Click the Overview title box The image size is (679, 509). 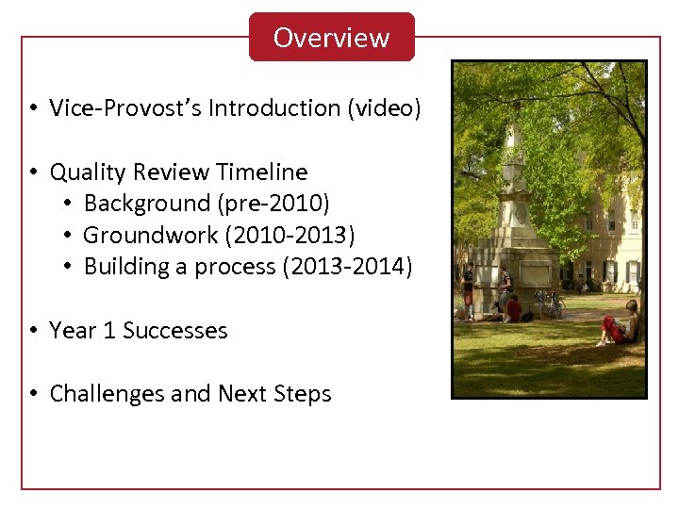331,38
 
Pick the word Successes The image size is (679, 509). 175,331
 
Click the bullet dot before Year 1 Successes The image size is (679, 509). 33,331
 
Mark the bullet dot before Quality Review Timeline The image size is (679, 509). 33,172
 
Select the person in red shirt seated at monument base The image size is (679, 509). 513,308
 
